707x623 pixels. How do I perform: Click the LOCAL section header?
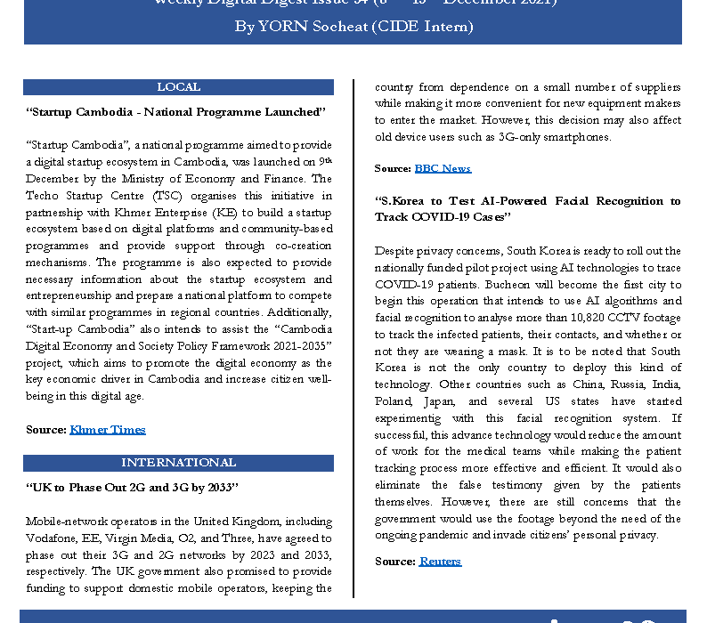coord(178,87)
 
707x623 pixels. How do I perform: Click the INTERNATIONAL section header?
coord(178,463)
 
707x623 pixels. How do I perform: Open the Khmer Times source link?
coord(107,430)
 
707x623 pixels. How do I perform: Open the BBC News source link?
coord(443,168)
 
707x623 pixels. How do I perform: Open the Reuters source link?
coord(440,562)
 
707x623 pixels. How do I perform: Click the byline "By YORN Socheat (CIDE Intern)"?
coord(353,27)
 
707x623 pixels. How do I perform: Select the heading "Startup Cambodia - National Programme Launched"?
coord(176,112)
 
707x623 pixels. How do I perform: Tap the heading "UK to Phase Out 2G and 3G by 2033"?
coord(133,488)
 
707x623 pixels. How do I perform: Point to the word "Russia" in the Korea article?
coord(582,384)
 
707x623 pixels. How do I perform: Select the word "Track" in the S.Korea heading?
coord(392,217)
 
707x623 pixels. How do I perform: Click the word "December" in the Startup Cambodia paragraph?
coord(51,178)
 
